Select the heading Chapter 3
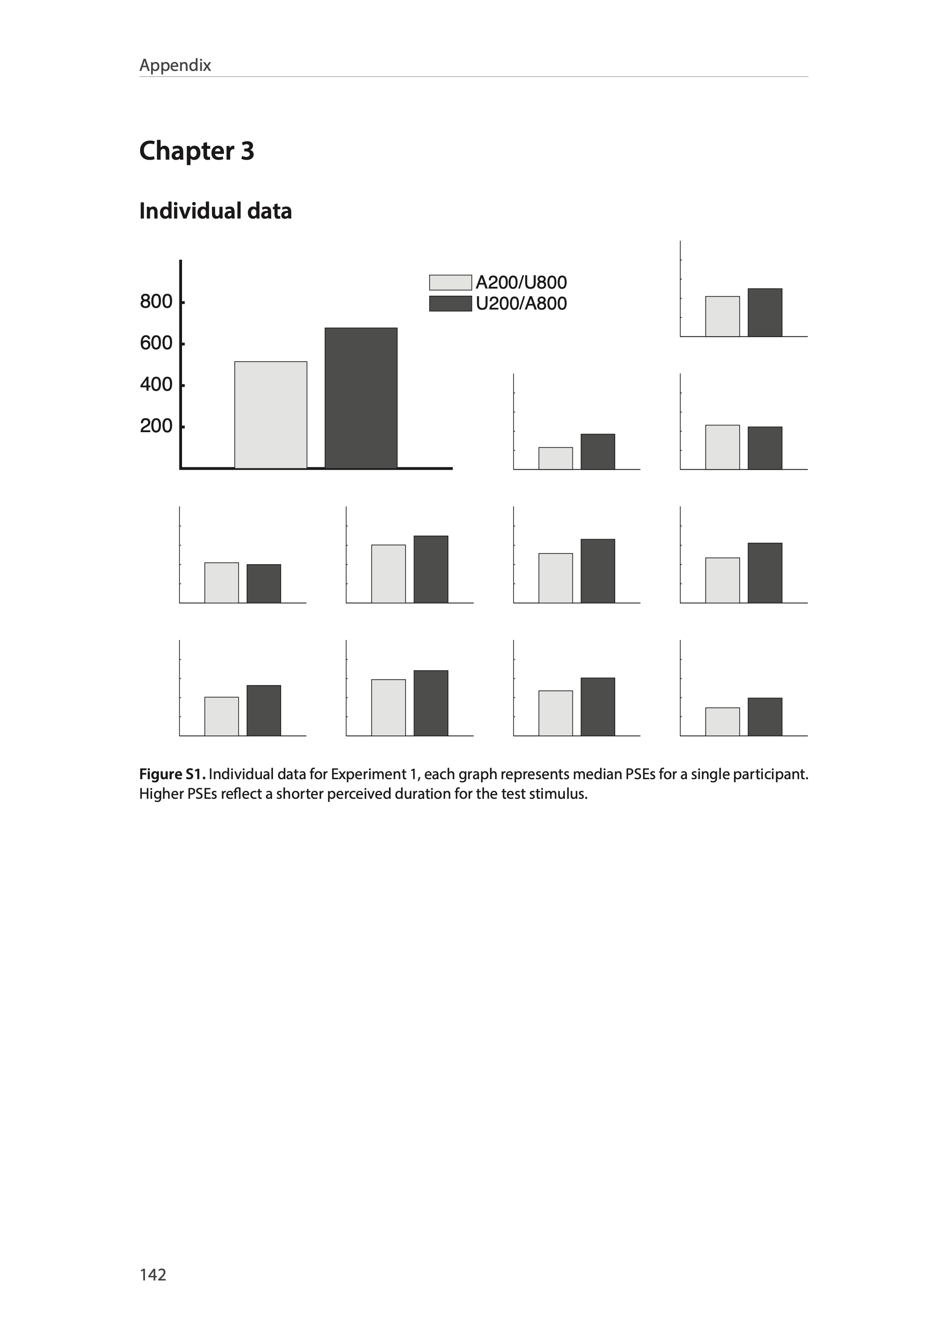(197, 151)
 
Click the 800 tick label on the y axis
(156, 301)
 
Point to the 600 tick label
(156, 343)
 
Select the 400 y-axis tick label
(156, 384)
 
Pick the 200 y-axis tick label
(156, 426)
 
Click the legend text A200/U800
(521, 282)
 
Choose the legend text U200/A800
(521, 303)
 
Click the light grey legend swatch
(450, 282)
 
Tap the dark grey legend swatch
(450, 303)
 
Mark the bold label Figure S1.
(172, 774)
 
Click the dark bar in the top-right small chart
(765, 313)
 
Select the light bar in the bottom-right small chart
(722, 722)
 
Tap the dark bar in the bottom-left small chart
(264, 711)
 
